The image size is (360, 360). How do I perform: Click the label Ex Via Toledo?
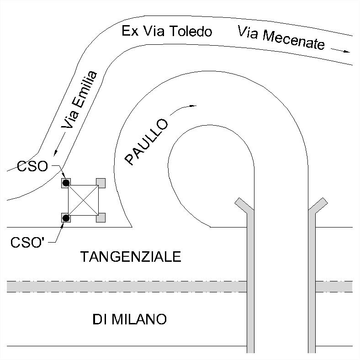point(167,32)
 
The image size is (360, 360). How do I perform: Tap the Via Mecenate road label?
point(281,37)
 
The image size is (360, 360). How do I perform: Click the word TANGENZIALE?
point(131,257)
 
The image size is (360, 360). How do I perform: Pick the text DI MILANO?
point(129,319)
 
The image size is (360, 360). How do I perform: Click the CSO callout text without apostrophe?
point(32,165)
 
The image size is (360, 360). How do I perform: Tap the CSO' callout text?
point(28,242)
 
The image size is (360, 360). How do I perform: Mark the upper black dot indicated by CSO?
point(66,183)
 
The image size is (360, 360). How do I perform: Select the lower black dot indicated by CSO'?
point(66,218)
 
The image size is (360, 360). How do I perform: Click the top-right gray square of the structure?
point(101,183)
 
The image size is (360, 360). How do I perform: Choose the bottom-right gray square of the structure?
point(101,217)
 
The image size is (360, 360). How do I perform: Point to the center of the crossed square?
point(83,200)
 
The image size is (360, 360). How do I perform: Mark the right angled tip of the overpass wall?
point(323,202)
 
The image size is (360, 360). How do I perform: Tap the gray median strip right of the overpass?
point(334,286)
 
